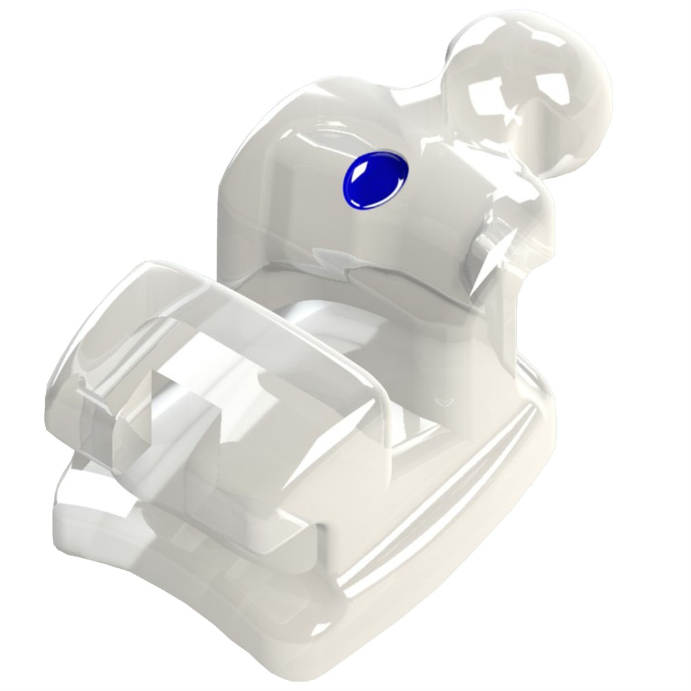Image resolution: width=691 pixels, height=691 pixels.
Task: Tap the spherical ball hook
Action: point(526,94)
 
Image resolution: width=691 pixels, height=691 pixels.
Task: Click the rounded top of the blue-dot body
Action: point(337,108)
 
